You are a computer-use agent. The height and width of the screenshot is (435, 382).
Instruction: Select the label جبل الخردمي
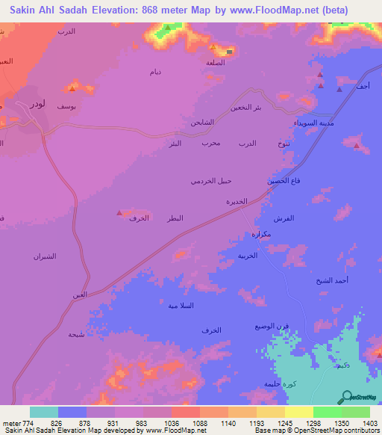click(211, 181)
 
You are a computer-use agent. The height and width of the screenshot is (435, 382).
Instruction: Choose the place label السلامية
click(180, 306)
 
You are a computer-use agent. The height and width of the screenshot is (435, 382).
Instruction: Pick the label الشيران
click(45, 256)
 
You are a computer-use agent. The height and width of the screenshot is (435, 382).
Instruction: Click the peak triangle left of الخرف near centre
click(119, 213)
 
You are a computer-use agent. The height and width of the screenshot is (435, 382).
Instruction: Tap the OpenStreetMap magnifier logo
click(345, 396)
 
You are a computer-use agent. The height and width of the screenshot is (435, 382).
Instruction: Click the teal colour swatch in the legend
click(44, 412)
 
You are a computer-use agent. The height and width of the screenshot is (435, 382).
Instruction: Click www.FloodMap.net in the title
click(247, 10)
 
